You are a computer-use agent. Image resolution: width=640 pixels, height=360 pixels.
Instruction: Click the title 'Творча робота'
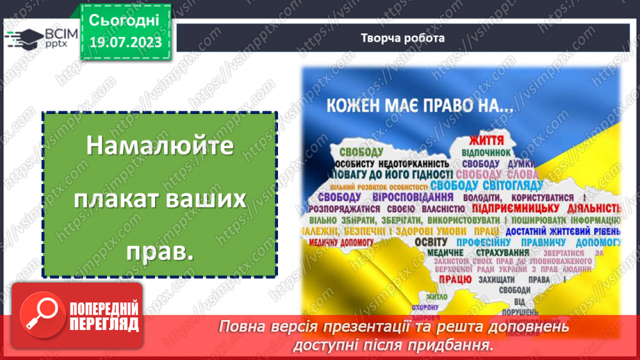pyautogui.click(x=403, y=38)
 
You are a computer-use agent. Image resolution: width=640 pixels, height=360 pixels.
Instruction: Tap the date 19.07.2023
pyautogui.click(x=124, y=42)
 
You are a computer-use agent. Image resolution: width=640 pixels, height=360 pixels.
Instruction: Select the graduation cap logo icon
pyautogui.click(x=25, y=39)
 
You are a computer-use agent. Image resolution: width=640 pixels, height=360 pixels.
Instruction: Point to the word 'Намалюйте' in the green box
pyautogui.click(x=160, y=147)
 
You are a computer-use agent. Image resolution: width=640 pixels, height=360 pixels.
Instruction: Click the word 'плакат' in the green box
pyautogui.click(x=129, y=201)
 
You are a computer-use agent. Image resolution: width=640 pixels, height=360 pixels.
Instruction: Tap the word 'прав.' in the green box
pyautogui.click(x=160, y=252)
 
